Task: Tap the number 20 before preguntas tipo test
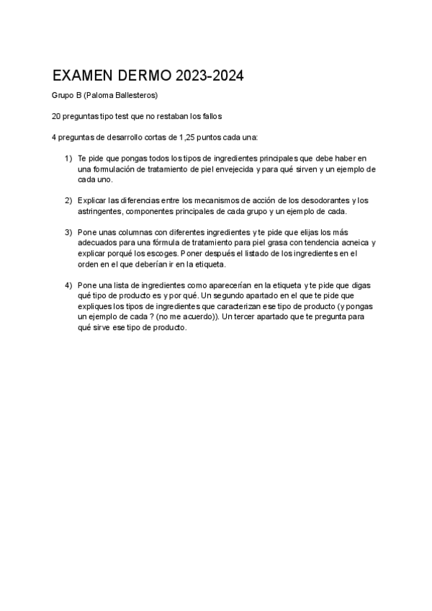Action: point(56,116)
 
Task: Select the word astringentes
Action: point(100,211)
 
